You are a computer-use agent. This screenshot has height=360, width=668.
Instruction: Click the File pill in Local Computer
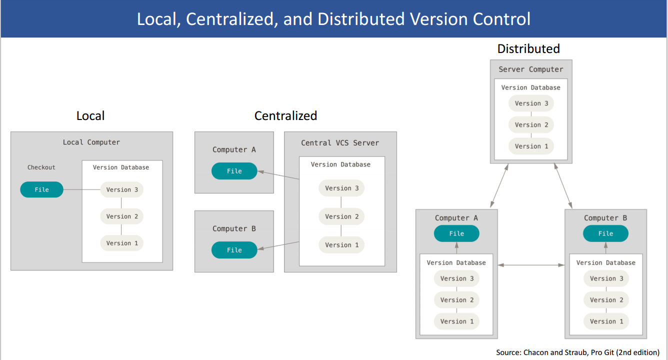pos(42,189)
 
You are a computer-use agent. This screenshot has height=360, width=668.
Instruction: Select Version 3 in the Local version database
pos(121,189)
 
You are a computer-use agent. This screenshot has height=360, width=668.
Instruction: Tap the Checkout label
pos(41,167)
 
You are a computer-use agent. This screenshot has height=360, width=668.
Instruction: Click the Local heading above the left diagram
pos(90,115)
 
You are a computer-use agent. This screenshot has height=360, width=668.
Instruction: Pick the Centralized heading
pos(285,115)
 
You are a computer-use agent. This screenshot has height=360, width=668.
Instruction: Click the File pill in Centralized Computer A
pos(234,171)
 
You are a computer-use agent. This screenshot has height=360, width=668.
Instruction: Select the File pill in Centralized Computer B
pos(234,250)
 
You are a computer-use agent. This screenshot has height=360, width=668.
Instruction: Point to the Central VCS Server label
pos(340,143)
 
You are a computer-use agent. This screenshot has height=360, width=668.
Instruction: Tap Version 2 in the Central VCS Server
pos(342,216)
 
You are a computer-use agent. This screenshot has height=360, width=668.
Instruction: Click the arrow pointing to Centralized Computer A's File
pos(278,175)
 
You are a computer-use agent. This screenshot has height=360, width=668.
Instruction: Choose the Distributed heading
pos(528,48)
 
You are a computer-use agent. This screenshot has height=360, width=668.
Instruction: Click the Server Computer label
pos(531,69)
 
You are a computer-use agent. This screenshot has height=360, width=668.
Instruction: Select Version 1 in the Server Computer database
pos(531,146)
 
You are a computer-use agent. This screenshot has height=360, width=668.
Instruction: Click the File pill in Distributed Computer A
pos(456,233)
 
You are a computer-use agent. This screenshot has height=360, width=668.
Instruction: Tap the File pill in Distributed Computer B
pos(605,233)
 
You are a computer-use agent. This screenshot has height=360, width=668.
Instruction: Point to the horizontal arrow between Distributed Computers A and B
pos(531,265)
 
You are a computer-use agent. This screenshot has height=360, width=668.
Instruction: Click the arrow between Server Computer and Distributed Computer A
pos(499,185)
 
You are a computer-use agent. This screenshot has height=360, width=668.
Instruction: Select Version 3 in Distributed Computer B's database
pos(606,278)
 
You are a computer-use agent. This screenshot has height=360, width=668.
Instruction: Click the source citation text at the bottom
pos(577,352)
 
